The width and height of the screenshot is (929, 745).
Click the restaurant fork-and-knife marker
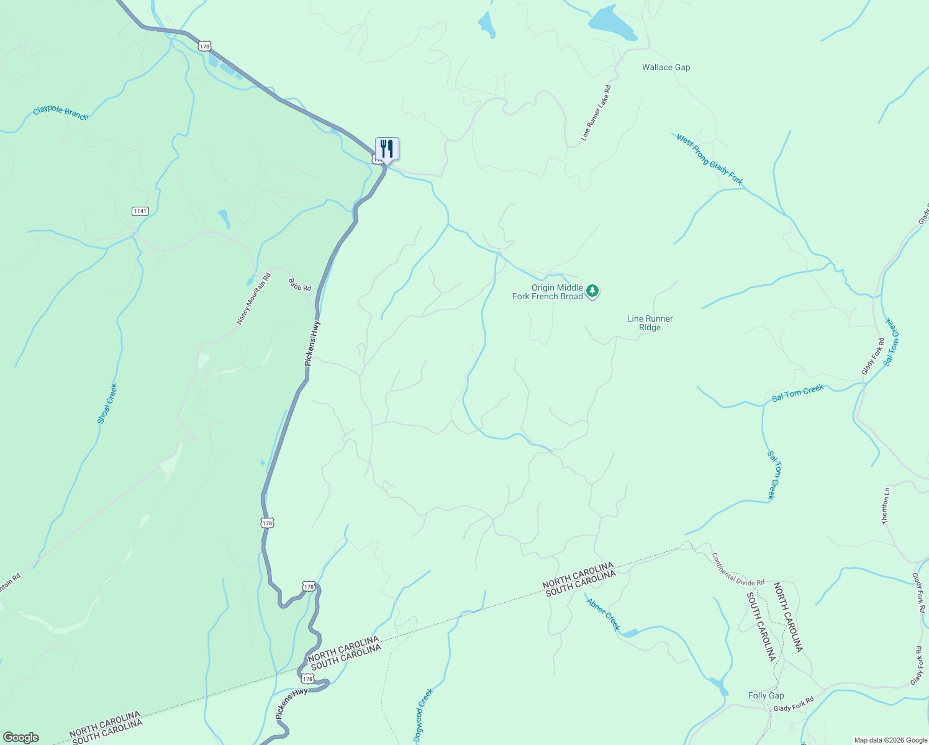[x=387, y=149]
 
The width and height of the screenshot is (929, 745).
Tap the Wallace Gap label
[x=666, y=67]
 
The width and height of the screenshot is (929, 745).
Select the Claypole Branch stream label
[x=61, y=112]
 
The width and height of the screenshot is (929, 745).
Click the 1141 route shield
[x=140, y=211]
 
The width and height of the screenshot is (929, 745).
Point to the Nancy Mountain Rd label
[x=253, y=299]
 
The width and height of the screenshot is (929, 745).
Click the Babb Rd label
[x=299, y=284]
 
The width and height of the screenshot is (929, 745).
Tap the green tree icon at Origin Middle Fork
[x=592, y=291]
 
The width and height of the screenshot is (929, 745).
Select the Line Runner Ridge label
[x=650, y=323]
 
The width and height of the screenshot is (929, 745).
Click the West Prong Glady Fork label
[x=709, y=160]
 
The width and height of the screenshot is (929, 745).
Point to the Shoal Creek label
[x=107, y=404]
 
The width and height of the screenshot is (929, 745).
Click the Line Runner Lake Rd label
[x=596, y=113]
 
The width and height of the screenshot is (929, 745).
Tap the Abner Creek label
[x=603, y=613]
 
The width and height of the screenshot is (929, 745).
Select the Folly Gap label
[x=766, y=695]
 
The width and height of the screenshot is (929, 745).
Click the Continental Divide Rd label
[x=738, y=569]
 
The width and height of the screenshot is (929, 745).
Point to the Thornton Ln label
[x=886, y=506]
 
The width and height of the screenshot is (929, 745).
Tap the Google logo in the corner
[x=20, y=738]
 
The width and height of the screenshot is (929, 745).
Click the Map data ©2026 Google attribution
[x=890, y=740]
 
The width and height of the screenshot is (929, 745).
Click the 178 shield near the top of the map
[x=205, y=46]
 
